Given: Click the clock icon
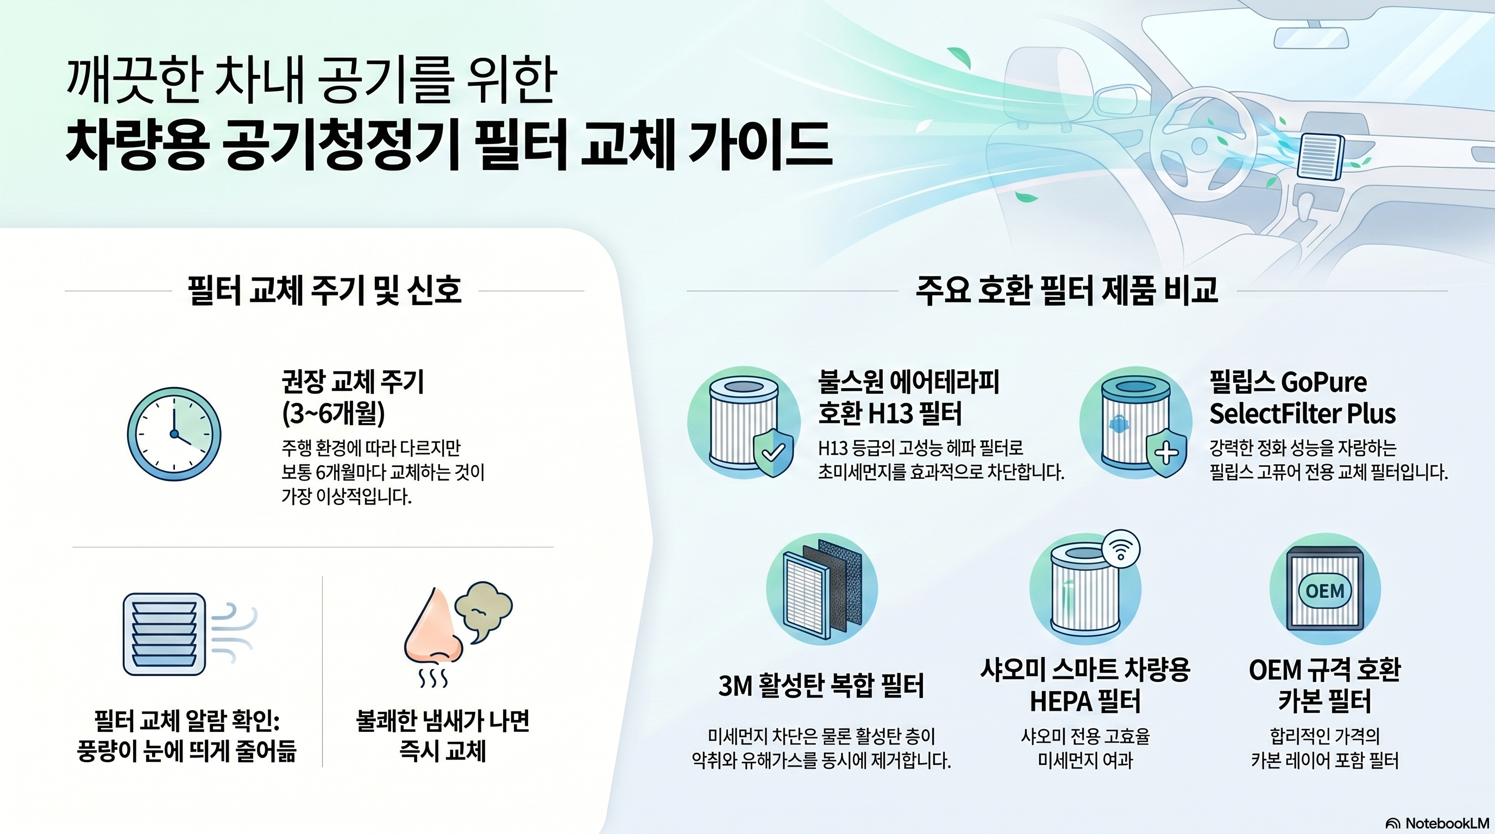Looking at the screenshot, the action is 174,434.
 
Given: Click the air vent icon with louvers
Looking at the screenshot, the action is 165,634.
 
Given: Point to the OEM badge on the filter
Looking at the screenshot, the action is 1324,591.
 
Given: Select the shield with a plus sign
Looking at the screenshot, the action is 1166,453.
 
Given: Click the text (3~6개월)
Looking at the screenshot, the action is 333,414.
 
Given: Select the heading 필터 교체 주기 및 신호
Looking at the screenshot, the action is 324,290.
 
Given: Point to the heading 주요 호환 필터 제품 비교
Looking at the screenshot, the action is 1067,290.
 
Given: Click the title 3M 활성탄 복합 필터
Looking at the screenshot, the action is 821,686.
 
